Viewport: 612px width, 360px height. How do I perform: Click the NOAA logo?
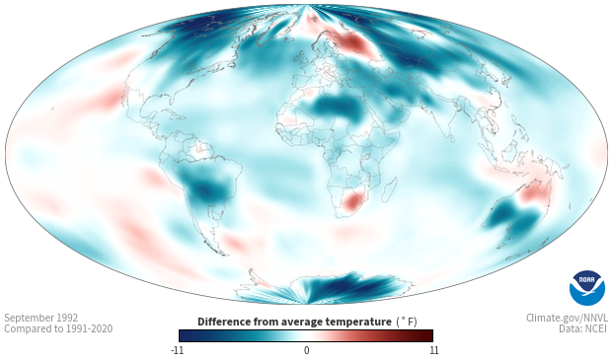click(587, 288)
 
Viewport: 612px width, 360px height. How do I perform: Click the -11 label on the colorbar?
click(177, 350)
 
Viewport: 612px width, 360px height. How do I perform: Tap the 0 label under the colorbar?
click(306, 350)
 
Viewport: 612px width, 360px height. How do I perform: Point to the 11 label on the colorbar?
click(433, 350)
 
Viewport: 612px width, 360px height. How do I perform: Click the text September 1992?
click(41, 318)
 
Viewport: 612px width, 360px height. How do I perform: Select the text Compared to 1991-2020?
click(58, 328)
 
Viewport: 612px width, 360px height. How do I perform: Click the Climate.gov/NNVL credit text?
click(567, 318)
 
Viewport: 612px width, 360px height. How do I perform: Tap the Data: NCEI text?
click(583, 328)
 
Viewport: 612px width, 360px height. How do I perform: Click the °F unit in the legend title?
click(407, 322)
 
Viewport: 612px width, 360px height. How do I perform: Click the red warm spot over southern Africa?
click(352, 202)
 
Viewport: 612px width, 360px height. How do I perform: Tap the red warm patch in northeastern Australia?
click(534, 192)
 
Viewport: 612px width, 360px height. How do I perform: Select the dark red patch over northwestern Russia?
click(351, 42)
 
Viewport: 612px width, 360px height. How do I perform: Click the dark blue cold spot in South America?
click(207, 188)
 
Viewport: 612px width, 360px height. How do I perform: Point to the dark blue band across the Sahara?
click(339, 108)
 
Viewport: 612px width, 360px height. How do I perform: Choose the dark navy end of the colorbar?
click(187, 335)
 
